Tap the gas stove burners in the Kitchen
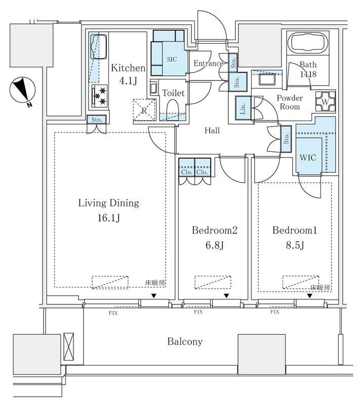pos(100,96)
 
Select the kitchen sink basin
pos(98,47)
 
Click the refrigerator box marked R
pos(144,110)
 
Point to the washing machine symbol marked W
pos(326,102)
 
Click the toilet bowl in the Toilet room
pos(173,109)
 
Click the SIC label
pos(172,59)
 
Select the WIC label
pos(308,157)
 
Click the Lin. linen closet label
pos(243,108)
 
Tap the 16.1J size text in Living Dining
pos(109,218)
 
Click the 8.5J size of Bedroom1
pos(295,245)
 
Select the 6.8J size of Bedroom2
pos(214,245)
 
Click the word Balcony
pos(185,342)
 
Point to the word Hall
pos(212,131)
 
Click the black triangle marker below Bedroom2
pos(226,296)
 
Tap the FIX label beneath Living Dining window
pos(113,313)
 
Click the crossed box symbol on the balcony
pos(69,347)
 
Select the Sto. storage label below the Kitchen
pos(97,120)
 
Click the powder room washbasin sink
pos(267,79)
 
